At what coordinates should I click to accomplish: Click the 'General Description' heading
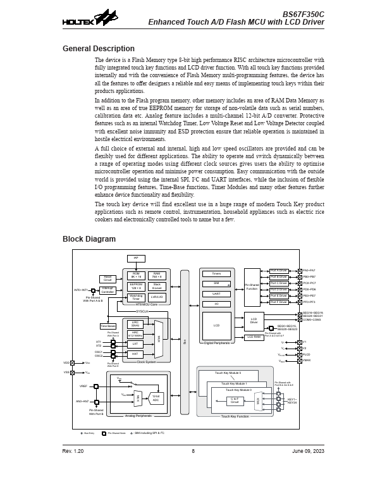[98, 49]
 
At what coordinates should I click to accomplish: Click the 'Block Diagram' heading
[89, 239]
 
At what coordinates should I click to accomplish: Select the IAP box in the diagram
[136, 259]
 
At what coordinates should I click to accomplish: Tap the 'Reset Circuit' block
[107, 278]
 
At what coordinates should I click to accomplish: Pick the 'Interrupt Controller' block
[107, 290]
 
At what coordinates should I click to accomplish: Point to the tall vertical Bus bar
[185, 342]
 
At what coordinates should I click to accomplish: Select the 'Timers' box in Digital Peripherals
[216, 274]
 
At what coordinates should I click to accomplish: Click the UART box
[216, 294]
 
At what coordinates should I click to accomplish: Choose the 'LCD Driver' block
[254, 321]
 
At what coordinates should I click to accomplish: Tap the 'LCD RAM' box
[254, 337]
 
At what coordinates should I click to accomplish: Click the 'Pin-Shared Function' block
[252, 287]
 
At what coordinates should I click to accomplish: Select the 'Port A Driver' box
[279, 271]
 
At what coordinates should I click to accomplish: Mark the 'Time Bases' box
[107, 326]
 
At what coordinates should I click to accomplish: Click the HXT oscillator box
[135, 354]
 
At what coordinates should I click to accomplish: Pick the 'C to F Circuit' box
[235, 400]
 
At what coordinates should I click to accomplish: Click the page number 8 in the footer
[193, 451]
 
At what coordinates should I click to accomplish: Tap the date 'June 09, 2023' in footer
[309, 451]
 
